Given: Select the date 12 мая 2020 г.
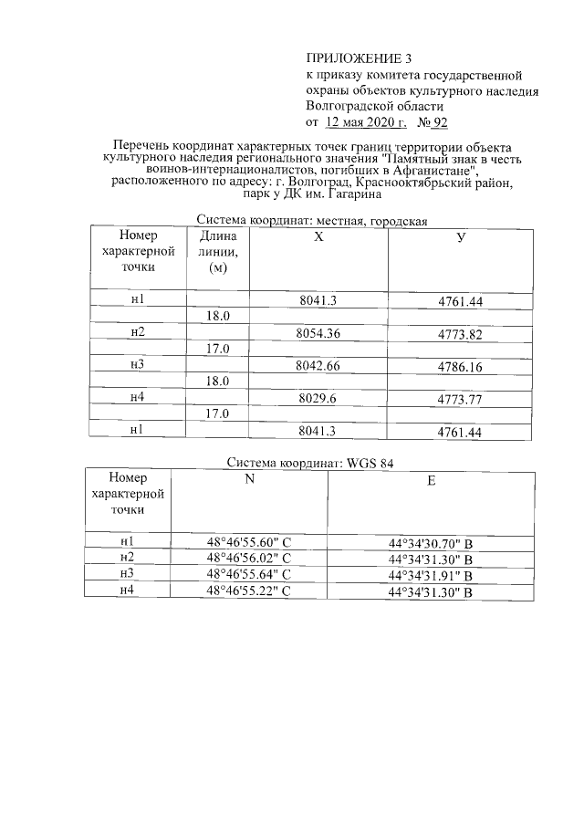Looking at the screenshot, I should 365,121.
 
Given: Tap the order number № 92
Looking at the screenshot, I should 432,121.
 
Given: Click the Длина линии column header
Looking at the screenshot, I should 217,252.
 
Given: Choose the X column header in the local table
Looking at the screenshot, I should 318,235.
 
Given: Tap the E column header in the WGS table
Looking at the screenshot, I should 431,481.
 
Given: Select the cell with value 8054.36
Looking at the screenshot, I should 318,333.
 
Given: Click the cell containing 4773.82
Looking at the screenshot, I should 460,334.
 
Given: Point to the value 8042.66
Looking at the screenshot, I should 318,366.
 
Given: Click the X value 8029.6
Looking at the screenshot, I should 318,398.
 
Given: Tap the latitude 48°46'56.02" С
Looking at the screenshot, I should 248,558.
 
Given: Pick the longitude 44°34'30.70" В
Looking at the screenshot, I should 430,544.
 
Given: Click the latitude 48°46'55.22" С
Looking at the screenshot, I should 248,591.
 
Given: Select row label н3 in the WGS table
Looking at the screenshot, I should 127,574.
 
